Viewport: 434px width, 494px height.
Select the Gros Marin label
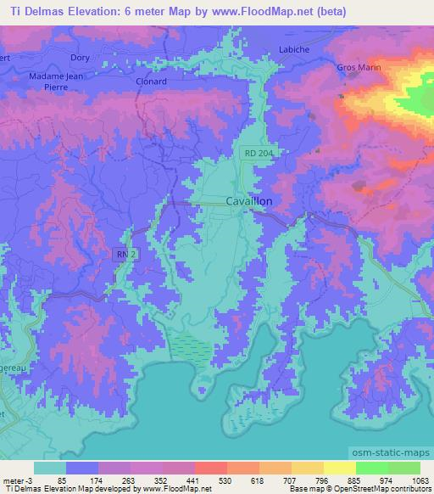point(359,67)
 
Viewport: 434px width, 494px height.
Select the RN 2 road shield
point(124,254)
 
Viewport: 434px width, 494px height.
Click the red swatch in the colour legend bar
point(210,468)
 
